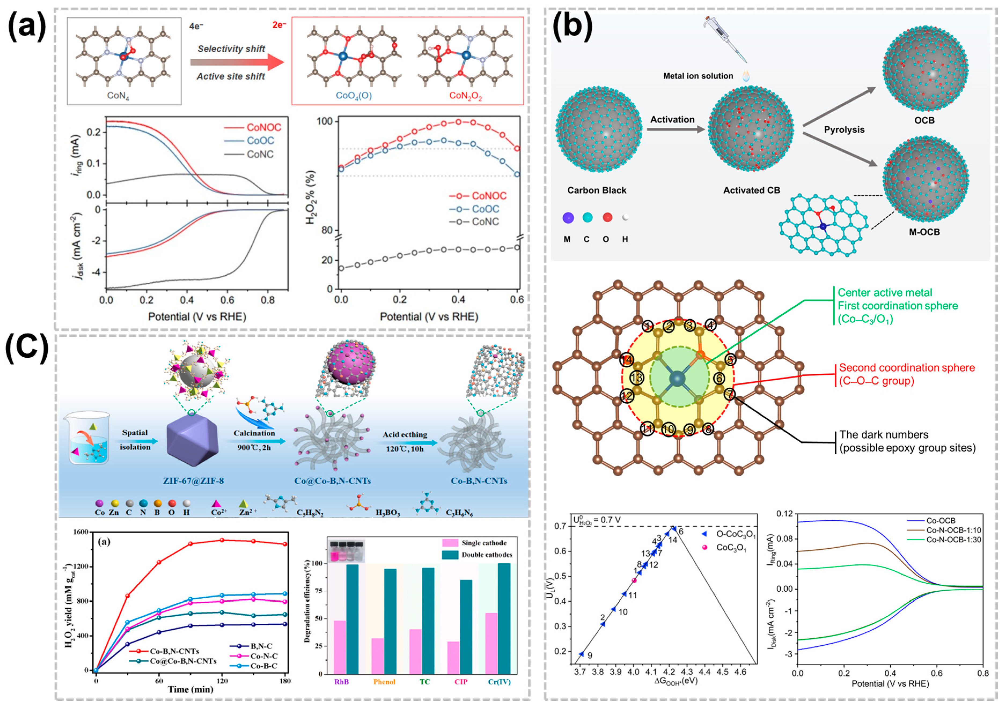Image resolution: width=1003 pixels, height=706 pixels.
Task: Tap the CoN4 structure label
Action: point(118,95)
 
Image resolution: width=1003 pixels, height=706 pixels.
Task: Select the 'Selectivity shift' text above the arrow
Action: point(231,49)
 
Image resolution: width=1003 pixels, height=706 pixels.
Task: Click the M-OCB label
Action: point(924,232)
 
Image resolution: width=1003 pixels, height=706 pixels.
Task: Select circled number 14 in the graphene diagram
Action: point(626,360)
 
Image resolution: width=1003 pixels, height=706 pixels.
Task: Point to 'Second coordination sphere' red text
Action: point(906,368)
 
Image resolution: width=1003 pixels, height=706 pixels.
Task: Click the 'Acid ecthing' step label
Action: point(405,434)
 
